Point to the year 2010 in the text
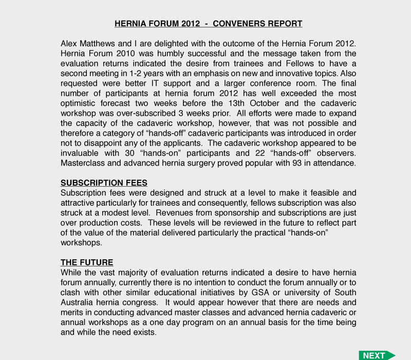tap(121, 53)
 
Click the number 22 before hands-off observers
tap(260, 153)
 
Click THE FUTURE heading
tap(87, 262)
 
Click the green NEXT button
tap(377, 355)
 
